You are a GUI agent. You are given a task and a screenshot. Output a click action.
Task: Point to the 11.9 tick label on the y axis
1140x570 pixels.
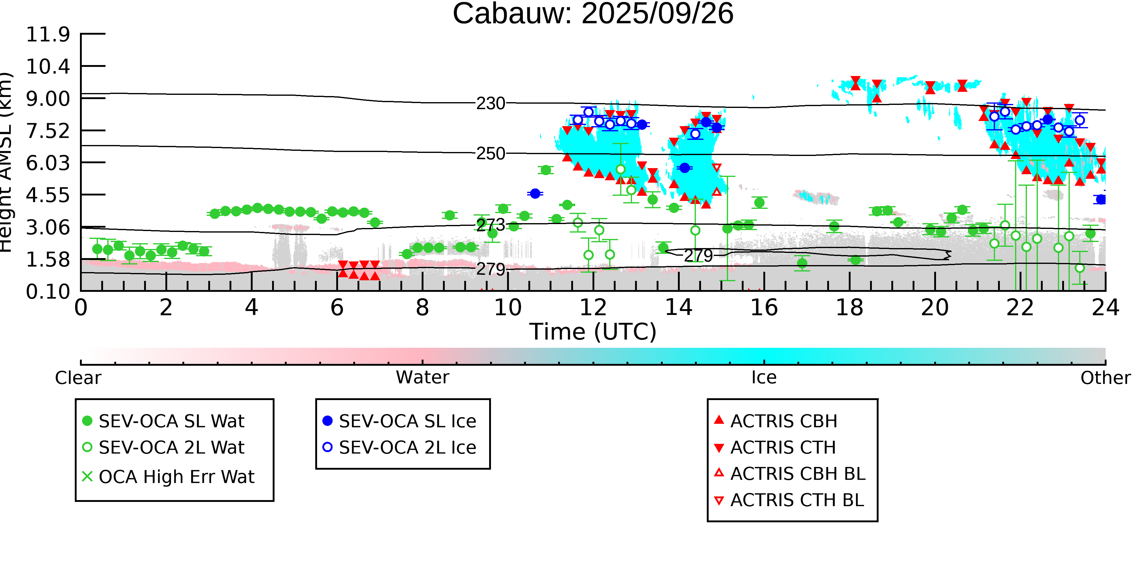48,35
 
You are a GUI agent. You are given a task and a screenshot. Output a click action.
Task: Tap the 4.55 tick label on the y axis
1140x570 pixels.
48,195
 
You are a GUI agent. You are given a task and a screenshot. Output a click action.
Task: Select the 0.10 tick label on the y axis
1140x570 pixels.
48,292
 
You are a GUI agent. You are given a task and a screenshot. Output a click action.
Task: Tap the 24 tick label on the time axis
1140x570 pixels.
1105,308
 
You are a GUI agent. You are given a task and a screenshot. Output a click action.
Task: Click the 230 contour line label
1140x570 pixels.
490,104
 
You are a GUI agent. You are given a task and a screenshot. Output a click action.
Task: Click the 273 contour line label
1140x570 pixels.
490,225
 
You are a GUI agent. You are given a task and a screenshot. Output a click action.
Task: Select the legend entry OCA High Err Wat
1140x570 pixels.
176,477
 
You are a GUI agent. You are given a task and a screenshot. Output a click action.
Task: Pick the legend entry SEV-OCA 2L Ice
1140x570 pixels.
407,448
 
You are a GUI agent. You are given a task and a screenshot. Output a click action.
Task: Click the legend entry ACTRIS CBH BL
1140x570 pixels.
797,474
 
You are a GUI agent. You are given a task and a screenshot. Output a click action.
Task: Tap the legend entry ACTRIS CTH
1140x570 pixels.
783,448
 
